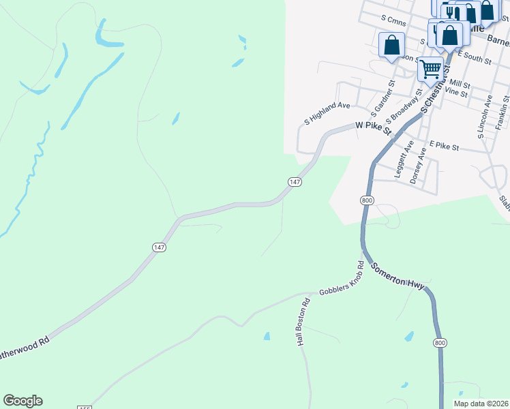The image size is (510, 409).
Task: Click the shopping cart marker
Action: point(430,69)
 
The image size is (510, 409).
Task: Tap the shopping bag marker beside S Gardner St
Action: point(392,46)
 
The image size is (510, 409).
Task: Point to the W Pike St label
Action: point(372,127)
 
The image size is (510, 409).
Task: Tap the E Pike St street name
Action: point(445,146)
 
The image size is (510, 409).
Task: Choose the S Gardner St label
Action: point(382,97)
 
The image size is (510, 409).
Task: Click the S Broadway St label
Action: point(403,101)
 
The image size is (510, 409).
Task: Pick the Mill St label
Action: point(461,84)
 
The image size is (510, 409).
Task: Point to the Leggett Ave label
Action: point(404,160)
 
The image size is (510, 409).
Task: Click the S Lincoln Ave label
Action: point(485,117)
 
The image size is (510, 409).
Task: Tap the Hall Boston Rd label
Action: point(303,321)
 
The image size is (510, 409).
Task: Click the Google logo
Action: point(22,401)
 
